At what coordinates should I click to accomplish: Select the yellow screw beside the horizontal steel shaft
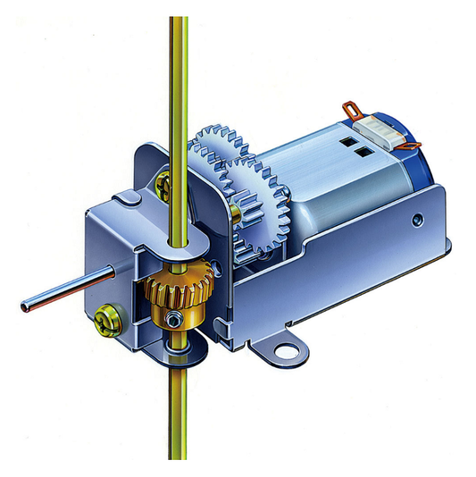[104, 317]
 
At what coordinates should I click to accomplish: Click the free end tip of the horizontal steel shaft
[23, 306]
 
